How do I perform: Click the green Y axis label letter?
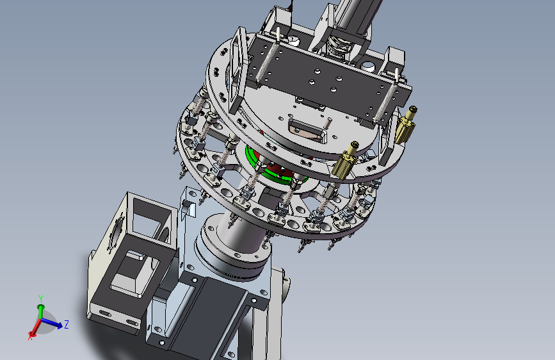point(41,299)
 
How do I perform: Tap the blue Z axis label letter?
point(66,324)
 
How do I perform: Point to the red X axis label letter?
point(30,336)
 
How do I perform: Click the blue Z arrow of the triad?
point(52,323)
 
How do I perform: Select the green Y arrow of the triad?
point(41,311)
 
